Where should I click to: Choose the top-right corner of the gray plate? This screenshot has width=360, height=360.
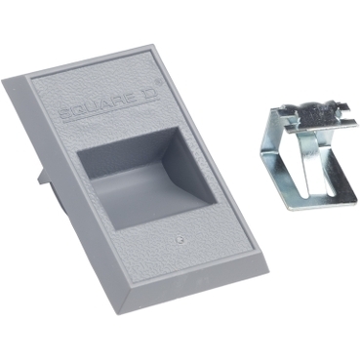(x=152, y=46)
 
